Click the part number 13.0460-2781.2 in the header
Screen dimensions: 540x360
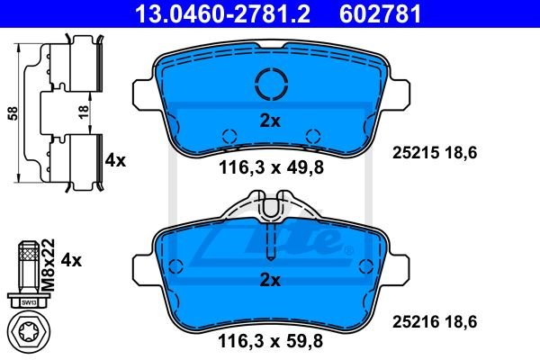[223, 13]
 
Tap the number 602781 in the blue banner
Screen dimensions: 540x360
[380, 13]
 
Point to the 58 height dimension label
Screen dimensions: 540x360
[13, 113]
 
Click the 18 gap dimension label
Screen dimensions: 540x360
[84, 112]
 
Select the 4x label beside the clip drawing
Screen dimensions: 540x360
[115, 160]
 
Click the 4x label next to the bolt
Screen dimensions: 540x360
[71, 260]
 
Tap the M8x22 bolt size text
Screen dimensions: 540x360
[49, 265]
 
